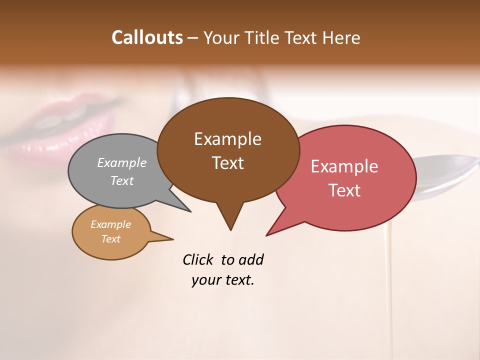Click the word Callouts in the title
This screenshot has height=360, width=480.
(x=147, y=37)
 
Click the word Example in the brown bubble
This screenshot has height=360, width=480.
(x=227, y=139)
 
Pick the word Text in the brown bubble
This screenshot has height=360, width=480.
(x=227, y=163)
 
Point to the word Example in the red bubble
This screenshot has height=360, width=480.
(x=344, y=166)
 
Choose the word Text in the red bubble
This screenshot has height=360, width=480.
(x=344, y=190)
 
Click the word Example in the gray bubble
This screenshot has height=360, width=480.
(x=122, y=162)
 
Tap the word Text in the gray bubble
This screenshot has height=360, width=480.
(x=122, y=180)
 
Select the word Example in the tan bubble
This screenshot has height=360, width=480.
(x=110, y=224)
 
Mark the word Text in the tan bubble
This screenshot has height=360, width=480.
(x=110, y=239)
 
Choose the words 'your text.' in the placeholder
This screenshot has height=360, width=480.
(x=223, y=280)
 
